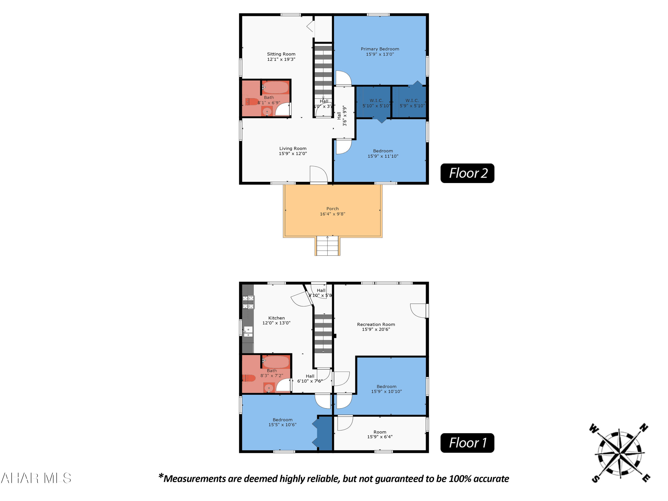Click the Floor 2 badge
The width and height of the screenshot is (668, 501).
point(467,173)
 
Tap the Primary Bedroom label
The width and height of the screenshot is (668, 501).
point(380,49)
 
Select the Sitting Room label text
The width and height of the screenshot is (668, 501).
point(281,54)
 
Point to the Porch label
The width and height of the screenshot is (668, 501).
point(332,209)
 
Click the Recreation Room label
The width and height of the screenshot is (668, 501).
point(376,324)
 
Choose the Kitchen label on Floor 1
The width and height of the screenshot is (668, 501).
point(276,318)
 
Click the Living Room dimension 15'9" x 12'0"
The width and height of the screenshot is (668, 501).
point(293,153)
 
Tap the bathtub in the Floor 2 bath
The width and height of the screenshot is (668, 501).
point(275,88)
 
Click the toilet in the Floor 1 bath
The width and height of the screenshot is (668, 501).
point(249,378)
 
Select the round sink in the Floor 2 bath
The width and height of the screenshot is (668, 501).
point(267,112)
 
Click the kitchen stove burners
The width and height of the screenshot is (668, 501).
point(248,302)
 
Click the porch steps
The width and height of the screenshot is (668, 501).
point(327,246)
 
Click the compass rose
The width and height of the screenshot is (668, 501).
point(620,453)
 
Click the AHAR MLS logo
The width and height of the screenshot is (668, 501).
point(36,478)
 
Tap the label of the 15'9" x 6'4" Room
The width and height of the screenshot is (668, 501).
point(380,432)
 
